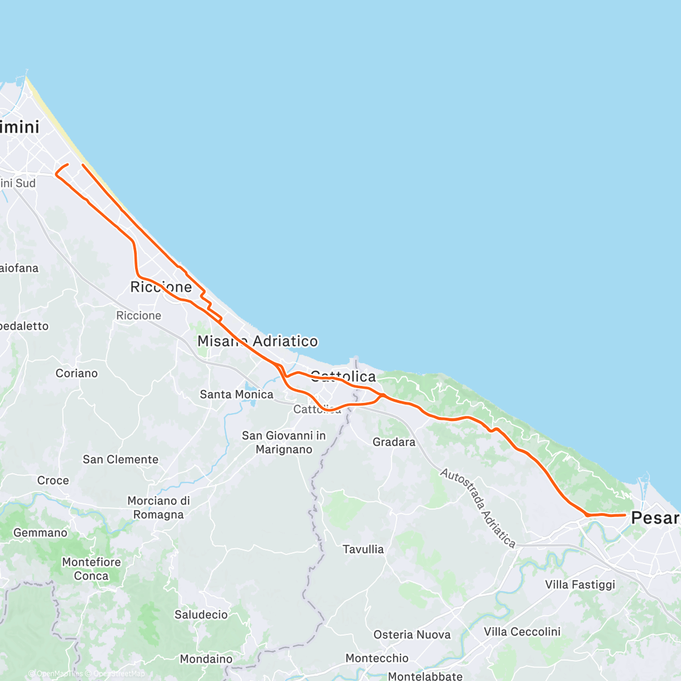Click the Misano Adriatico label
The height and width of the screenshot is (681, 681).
[x=258, y=341]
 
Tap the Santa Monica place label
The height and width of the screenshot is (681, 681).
[x=236, y=394]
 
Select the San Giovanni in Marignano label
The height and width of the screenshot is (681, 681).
[x=284, y=443]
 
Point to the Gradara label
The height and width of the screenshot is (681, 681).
[x=394, y=442]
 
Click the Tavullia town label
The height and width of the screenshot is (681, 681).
[x=363, y=549]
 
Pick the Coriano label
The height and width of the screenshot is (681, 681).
[x=77, y=373]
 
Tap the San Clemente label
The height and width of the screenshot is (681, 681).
[x=120, y=460]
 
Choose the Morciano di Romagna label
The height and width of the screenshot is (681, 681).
[x=158, y=508]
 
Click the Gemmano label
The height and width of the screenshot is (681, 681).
[x=40, y=533]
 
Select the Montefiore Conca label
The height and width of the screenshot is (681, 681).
[x=91, y=569]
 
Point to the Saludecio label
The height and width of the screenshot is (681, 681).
[x=201, y=615]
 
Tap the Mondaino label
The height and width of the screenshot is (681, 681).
[x=206, y=659]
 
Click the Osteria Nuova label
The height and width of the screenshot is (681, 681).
[x=412, y=635]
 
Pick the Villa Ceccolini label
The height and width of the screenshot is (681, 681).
[x=522, y=632]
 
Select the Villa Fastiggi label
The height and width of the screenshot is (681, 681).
[x=580, y=585]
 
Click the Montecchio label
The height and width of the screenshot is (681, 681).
[x=377, y=658]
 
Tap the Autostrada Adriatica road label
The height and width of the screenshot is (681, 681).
[x=478, y=508]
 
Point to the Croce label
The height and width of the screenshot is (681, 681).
[x=53, y=481]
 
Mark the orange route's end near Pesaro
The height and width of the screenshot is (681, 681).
[x=625, y=515]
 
